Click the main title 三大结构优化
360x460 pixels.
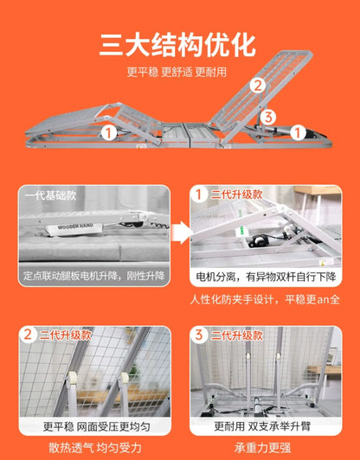[180, 43]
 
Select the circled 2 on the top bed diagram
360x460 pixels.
[257, 86]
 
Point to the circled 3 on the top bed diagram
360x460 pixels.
[269, 116]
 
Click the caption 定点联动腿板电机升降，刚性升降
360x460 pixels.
[95, 278]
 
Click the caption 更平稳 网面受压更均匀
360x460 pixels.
[95, 425]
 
